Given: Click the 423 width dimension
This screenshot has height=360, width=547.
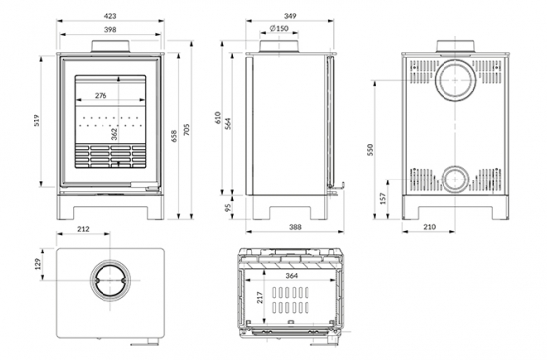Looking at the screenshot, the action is tap(110, 16).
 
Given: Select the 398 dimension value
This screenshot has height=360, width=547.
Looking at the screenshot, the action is tap(110, 30).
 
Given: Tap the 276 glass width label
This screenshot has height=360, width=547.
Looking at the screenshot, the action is tap(101, 95).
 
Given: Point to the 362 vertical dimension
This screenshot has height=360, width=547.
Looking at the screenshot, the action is tap(114, 134).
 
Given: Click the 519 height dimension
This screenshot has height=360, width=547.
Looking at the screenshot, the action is tap(37, 120).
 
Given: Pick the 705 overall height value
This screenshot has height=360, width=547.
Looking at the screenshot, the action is tap(187, 129).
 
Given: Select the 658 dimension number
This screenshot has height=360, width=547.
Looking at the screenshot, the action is tap(174, 136).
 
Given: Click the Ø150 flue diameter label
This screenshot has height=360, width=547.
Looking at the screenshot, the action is tap(279, 28).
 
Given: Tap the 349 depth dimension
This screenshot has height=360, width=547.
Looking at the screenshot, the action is tap(290, 16).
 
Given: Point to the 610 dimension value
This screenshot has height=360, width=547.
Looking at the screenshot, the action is tap(218, 118).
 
